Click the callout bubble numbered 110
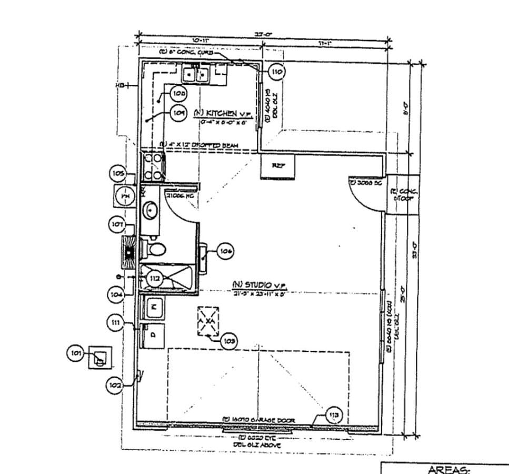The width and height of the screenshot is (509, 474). pos(276,72)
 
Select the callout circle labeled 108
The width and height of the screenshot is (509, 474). pos(179,93)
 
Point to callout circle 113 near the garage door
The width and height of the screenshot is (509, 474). pos(334,416)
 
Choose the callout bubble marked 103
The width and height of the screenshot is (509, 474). pos(227,341)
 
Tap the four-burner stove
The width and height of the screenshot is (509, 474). pos(153,167)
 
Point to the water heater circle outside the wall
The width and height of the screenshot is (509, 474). pos(125,196)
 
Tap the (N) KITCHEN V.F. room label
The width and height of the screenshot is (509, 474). pos(223,114)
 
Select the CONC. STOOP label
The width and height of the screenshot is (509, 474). pos(403,194)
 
